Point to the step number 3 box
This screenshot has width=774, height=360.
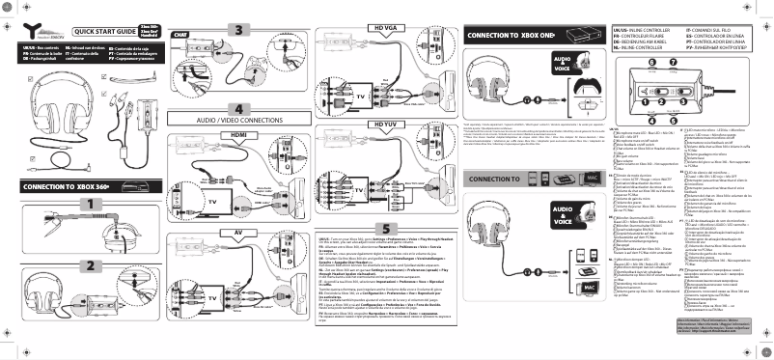click(x=238, y=29)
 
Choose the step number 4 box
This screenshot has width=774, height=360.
click(x=238, y=108)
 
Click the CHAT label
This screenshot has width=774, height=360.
click(x=179, y=35)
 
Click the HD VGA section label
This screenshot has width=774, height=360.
click(x=385, y=29)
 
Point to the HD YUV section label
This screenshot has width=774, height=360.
click(x=385, y=125)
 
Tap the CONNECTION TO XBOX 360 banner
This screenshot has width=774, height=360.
click(x=68, y=185)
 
